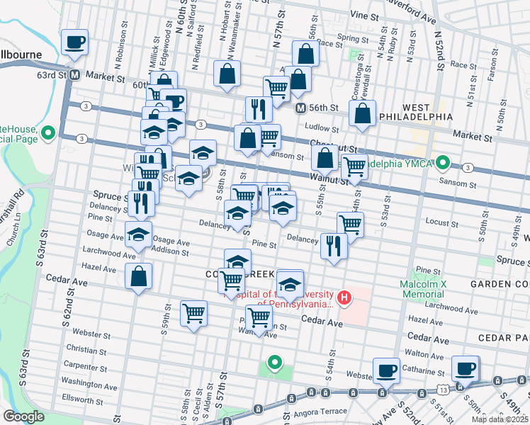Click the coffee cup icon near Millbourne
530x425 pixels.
click(74, 42)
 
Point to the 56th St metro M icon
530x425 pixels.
click(300, 108)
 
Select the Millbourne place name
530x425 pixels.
click(21, 55)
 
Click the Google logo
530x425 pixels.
click(23, 416)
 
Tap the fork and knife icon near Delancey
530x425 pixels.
click(332, 246)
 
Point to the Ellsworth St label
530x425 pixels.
click(82, 400)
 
